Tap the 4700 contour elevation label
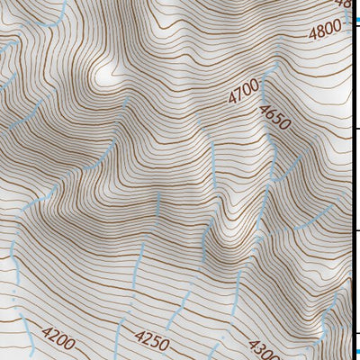[243, 91]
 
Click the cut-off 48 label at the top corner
[343, 4]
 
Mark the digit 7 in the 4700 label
[238, 94]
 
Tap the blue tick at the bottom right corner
[355, 352]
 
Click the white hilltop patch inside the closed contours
[109, 72]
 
